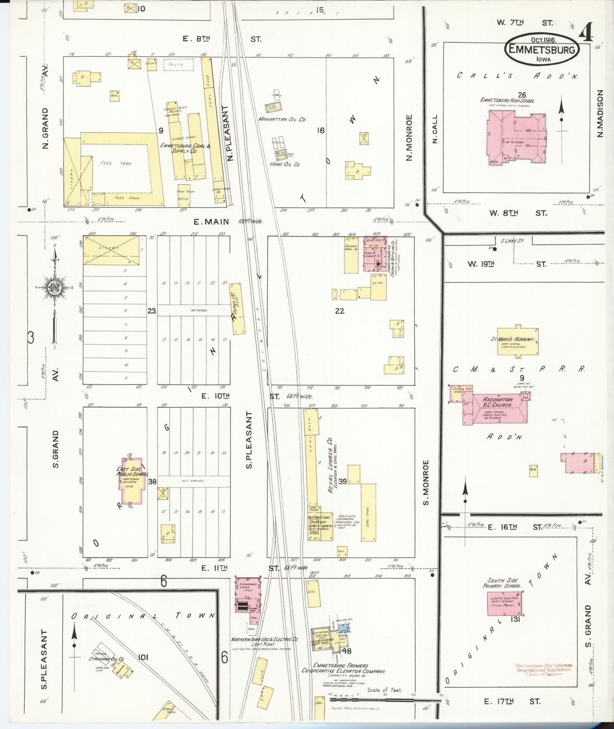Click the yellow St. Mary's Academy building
tap(518, 342)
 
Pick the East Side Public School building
tap(132, 481)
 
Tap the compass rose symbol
tap(55, 288)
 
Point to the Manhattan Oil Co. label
tap(282, 120)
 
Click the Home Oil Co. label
tap(285, 164)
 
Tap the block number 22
tap(340, 311)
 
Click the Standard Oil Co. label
tap(106, 659)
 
